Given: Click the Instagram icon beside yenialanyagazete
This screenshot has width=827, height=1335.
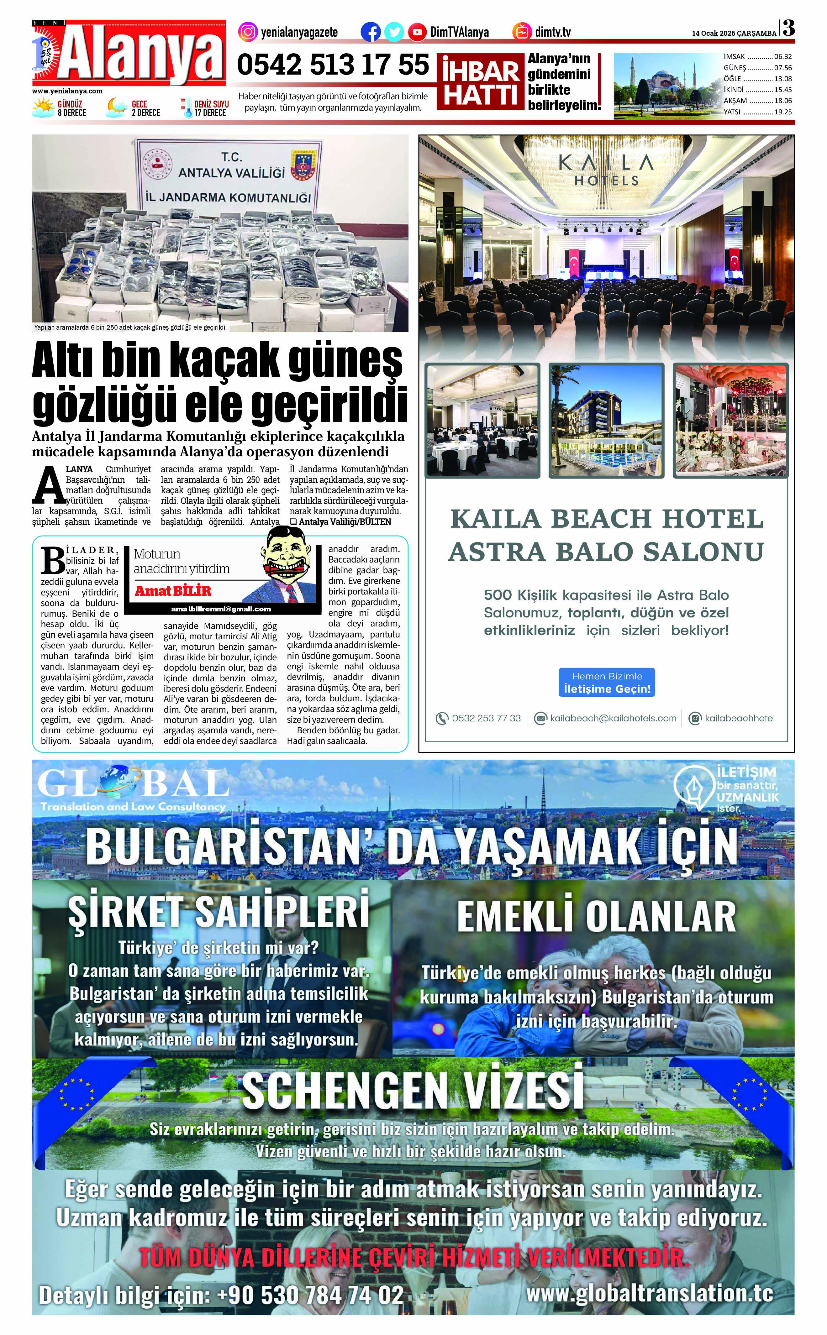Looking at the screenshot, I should (x=248, y=32).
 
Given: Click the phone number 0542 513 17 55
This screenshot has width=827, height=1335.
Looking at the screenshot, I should (x=333, y=65).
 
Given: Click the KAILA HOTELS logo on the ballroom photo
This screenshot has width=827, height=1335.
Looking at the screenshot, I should (x=606, y=170).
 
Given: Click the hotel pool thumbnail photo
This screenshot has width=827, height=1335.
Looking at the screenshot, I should (x=606, y=420).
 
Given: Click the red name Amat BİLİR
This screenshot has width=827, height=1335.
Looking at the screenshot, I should (x=173, y=591).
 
